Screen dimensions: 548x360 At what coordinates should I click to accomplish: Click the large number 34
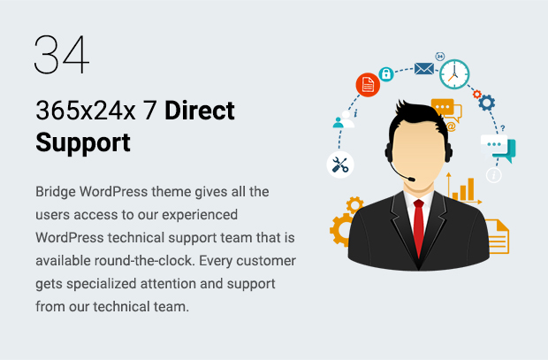tap(62, 54)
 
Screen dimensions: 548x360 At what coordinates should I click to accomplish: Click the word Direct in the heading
tap(200, 111)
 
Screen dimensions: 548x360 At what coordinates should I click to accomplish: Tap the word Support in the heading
tap(83, 142)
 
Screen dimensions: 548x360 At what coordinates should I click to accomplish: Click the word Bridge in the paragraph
tap(56, 192)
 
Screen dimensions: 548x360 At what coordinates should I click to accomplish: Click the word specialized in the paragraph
tap(102, 284)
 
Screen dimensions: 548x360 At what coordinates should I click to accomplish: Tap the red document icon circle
tap(368, 85)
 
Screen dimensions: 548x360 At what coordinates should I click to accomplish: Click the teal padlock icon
tap(386, 74)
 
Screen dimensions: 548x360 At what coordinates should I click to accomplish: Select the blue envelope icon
tap(424, 69)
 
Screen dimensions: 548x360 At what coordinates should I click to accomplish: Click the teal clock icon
tap(454, 74)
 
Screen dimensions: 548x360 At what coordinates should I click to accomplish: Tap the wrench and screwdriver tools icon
tap(340, 165)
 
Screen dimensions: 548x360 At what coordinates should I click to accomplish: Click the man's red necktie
tap(419, 227)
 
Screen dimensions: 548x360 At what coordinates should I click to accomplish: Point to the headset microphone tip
tap(412, 180)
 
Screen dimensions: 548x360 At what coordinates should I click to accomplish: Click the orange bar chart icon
tap(463, 188)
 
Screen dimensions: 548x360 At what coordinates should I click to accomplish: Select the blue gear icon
tap(486, 103)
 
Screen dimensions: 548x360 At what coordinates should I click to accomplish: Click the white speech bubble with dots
tap(494, 144)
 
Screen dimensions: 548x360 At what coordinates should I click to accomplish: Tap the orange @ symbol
tap(451, 126)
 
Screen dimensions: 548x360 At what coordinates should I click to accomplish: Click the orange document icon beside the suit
tap(498, 236)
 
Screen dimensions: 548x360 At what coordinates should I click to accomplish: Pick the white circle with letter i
tap(493, 175)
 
